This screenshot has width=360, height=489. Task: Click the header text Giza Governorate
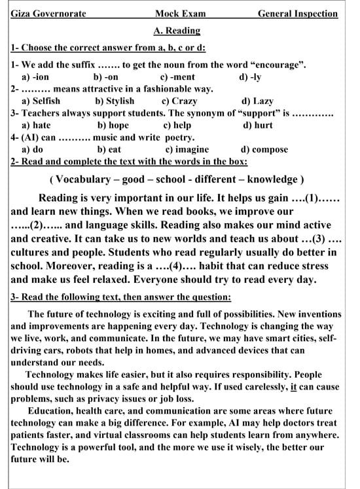(48, 14)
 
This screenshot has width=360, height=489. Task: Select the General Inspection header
(298, 14)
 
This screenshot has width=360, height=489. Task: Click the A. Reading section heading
(177, 30)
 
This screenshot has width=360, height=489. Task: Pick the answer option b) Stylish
(115, 101)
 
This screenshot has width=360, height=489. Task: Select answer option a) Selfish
(41, 101)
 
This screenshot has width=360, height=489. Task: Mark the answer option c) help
(177, 125)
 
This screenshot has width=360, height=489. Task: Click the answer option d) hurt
(258, 125)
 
